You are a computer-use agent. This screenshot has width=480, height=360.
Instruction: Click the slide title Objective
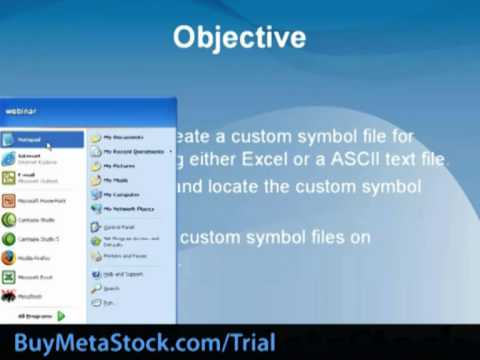tap(239, 38)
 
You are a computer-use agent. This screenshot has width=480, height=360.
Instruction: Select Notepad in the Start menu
tap(30, 139)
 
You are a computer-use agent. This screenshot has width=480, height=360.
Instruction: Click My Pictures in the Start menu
tap(119, 166)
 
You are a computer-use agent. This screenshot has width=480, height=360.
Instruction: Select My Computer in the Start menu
tap(121, 195)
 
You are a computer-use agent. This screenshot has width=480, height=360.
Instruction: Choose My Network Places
tap(127, 209)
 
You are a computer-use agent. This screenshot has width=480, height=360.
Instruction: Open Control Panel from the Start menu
tap(121, 227)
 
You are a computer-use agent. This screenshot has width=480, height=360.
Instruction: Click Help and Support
tap(124, 273)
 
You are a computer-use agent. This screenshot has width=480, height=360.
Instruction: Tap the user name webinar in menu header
tap(21, 111)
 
